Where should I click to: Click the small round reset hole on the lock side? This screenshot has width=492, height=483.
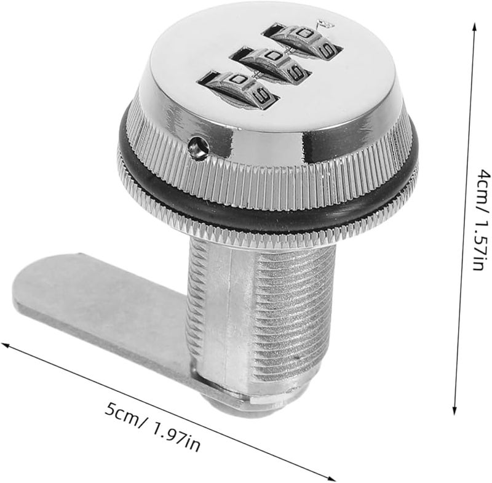point(198,146)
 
